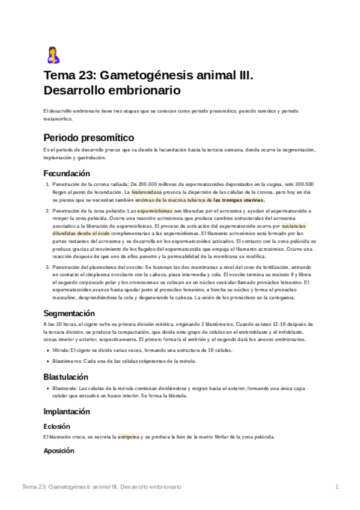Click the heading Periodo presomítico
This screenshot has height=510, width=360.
[89, 138]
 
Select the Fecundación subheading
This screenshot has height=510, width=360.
[66, 173]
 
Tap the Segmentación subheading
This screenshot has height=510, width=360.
[69, 313]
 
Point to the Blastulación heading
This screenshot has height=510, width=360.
[66, 377]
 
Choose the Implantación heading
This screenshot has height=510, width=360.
[67, 412]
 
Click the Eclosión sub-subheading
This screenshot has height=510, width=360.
[56, 426]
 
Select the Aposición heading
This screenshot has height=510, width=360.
[59, 450]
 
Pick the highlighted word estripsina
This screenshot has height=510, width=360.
[128, 437]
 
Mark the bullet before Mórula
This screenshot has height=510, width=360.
[47, 349]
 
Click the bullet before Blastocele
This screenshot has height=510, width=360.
[47, 389]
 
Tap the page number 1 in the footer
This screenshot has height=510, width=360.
[337, 486]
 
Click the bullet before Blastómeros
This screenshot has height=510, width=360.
[47, 361]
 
